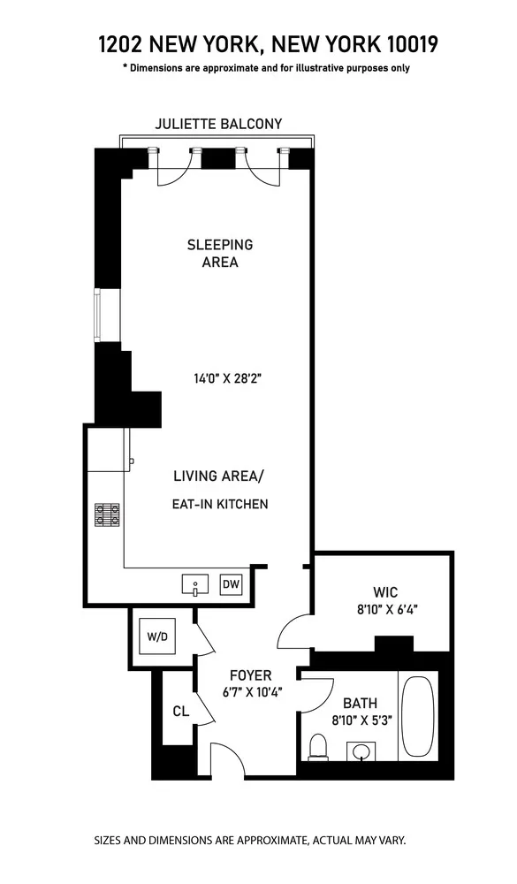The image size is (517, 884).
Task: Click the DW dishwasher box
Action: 231,584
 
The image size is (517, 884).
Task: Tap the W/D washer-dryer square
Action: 158,636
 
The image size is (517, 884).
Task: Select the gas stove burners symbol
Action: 107,514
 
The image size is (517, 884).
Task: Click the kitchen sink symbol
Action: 195,584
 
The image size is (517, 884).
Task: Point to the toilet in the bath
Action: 318,748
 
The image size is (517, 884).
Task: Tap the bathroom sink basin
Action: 361,751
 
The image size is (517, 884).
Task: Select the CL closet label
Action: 181,712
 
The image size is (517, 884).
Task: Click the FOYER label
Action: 251,675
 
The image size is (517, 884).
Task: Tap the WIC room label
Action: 385,592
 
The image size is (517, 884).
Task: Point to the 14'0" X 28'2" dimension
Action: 225,379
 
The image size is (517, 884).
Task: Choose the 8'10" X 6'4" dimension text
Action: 385,609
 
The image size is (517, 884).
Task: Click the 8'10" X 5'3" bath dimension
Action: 361,720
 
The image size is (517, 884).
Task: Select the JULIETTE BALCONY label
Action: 219,124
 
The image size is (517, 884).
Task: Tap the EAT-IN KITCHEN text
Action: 220,504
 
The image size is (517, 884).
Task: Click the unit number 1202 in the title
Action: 119,44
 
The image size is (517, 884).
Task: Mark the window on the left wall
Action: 97,315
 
